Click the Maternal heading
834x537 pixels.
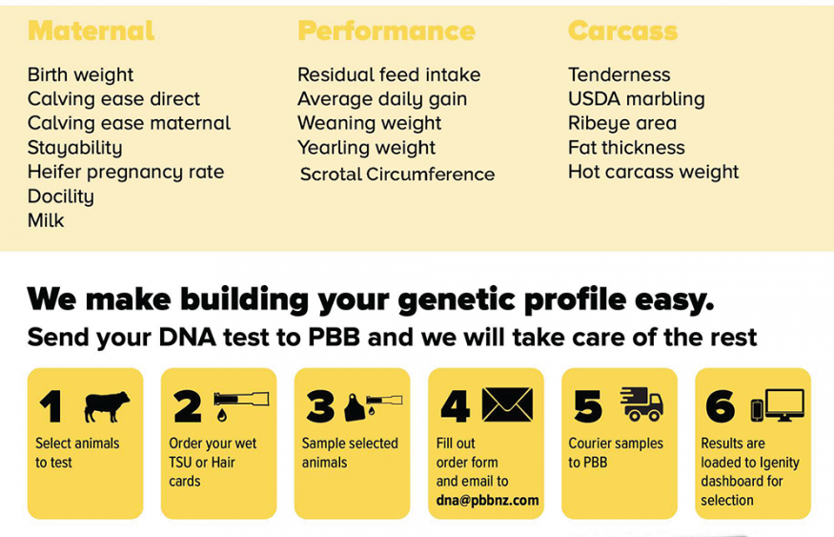pos(91,31)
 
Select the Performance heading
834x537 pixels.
pos(386,31)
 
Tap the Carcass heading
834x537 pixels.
pos(622,31)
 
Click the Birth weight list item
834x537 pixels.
pos(80,75)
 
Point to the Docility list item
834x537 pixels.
pos(61,196)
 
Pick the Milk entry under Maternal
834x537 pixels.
pos(46,220)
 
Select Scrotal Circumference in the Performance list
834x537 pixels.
pos(397,174)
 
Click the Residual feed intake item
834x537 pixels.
pos(389,74)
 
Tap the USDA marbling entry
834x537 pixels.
pos(636,99)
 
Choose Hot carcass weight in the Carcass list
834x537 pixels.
pos(653,172)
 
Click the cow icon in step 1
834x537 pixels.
pos(107,406)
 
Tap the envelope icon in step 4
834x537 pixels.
pos(507,404)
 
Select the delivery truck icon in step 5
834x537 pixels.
pos(642,404)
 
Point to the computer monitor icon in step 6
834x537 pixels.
pos(784,405)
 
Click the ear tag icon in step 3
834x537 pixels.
pos(354,407)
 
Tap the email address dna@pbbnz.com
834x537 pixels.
pos(487,500)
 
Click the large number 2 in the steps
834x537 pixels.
pos(187,406)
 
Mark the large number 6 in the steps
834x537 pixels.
pos(721,406)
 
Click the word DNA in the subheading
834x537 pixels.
pos(187,338)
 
